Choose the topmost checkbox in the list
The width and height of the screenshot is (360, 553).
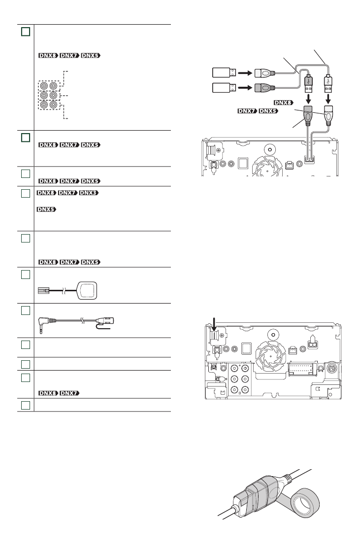click(x=26, y=32)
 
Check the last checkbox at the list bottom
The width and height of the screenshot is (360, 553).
click(x=26, y=406)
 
